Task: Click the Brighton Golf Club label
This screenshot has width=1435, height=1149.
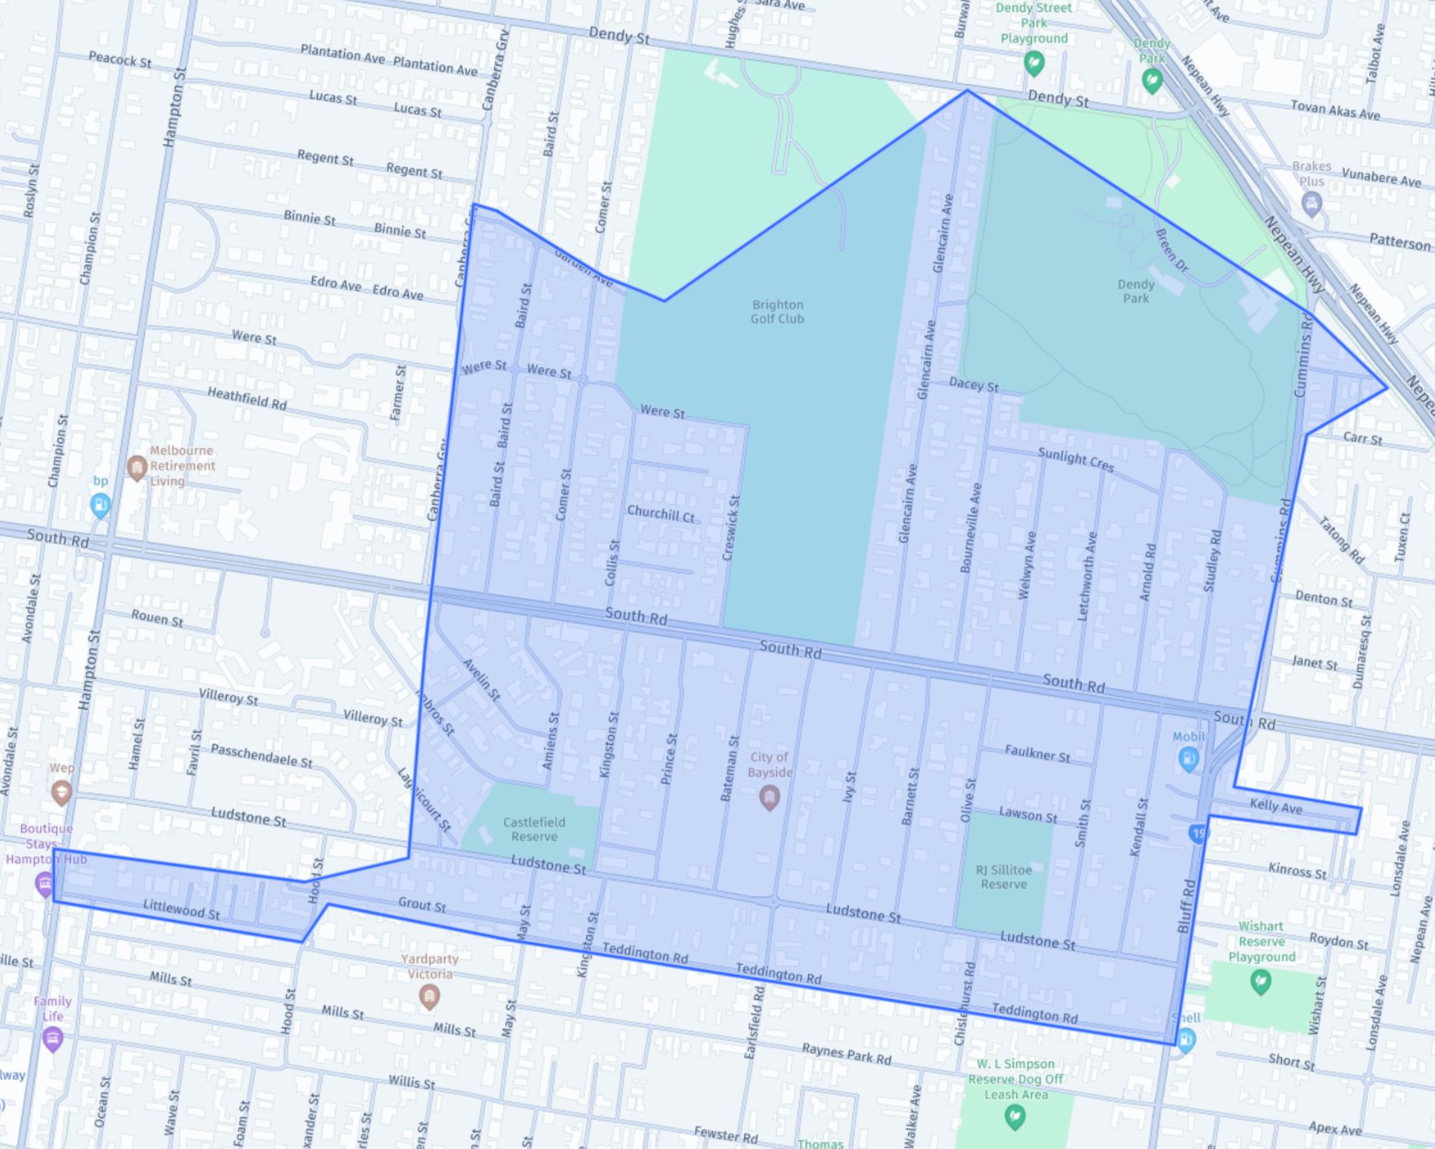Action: pyautogui.click(x=777, y=312)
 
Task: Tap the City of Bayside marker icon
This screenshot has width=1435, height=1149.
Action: pyautogui.click(x=769, y=797)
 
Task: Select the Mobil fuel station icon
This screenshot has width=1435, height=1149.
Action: pyautogui.click(x=1188, y=758)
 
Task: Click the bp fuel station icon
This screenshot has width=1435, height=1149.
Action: pyautogui.click(x=100, y=504)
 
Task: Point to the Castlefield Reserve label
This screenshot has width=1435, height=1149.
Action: pyautogui.click(x=534, y=829)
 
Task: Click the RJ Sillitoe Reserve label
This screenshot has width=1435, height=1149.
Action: pyautogui.click(x=1003, y=877)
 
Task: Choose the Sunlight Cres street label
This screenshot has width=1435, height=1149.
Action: pyautogui.click(x=1076, y=459)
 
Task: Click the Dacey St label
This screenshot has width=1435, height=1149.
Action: pyautogui.click(x=973, y=385)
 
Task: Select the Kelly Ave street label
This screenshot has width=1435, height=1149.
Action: pyautogui.click(x=1276, y=807)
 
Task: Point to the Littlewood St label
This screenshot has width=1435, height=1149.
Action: pyautogui.click(x=181, y=909)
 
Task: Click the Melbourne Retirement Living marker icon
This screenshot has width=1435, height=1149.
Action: pyautogui.click(x=136, y=467)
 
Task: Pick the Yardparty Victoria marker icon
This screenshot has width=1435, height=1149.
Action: pyautogui.click(x=429, y=996)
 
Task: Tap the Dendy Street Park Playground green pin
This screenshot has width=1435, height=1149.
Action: pyautogui.click(x=1034, y=63)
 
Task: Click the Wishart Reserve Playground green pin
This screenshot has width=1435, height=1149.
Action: pyautogui.click(x=1261, y=982)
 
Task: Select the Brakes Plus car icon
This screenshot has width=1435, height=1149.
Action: pyautogui.click(x=1311, y=203)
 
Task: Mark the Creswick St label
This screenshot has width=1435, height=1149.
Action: pyautogui.click(x=732, y=528)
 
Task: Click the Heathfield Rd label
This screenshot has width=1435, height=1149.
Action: pyautogui.click(x=247, y=398)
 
